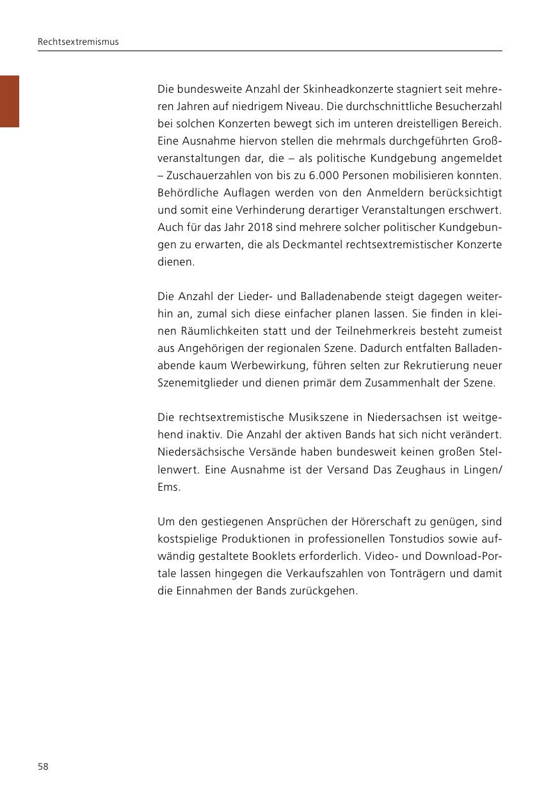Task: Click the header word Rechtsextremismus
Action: [78, 42]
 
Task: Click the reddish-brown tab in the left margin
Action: [10, 101]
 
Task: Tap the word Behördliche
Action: [187, 193]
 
